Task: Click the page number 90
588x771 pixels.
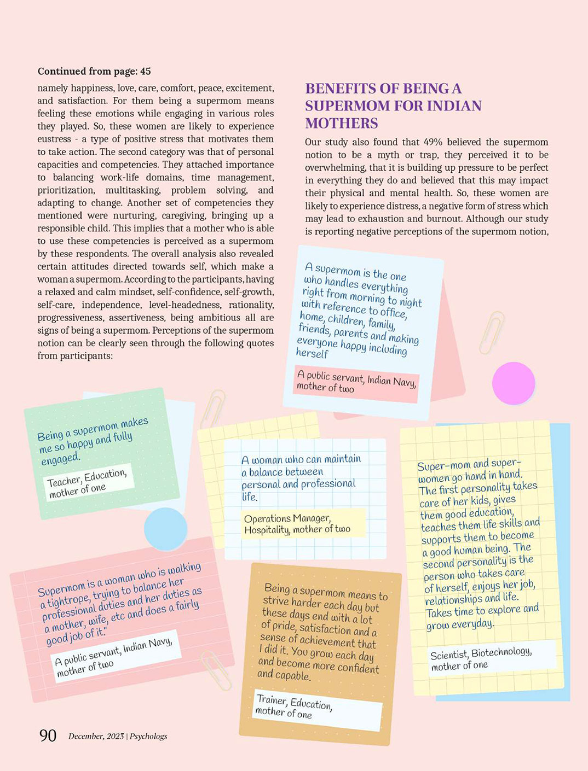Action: tap(48, 735)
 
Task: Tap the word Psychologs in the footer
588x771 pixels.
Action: tap(148, 737)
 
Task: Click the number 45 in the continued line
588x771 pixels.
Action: tap(145, 72)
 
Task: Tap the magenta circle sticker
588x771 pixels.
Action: tap(513, 383)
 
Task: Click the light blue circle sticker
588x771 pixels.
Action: tap(165, 529)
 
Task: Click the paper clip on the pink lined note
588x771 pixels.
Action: tap(217, 670)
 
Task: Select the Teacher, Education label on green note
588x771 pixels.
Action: tap(88, 482)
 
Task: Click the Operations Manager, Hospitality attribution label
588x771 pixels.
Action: tap(297, 524)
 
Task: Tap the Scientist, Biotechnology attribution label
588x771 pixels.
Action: tap(481, 659)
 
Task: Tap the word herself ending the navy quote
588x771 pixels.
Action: tap(312, 353)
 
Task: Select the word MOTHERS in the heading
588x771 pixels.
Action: tap(342, 123)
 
